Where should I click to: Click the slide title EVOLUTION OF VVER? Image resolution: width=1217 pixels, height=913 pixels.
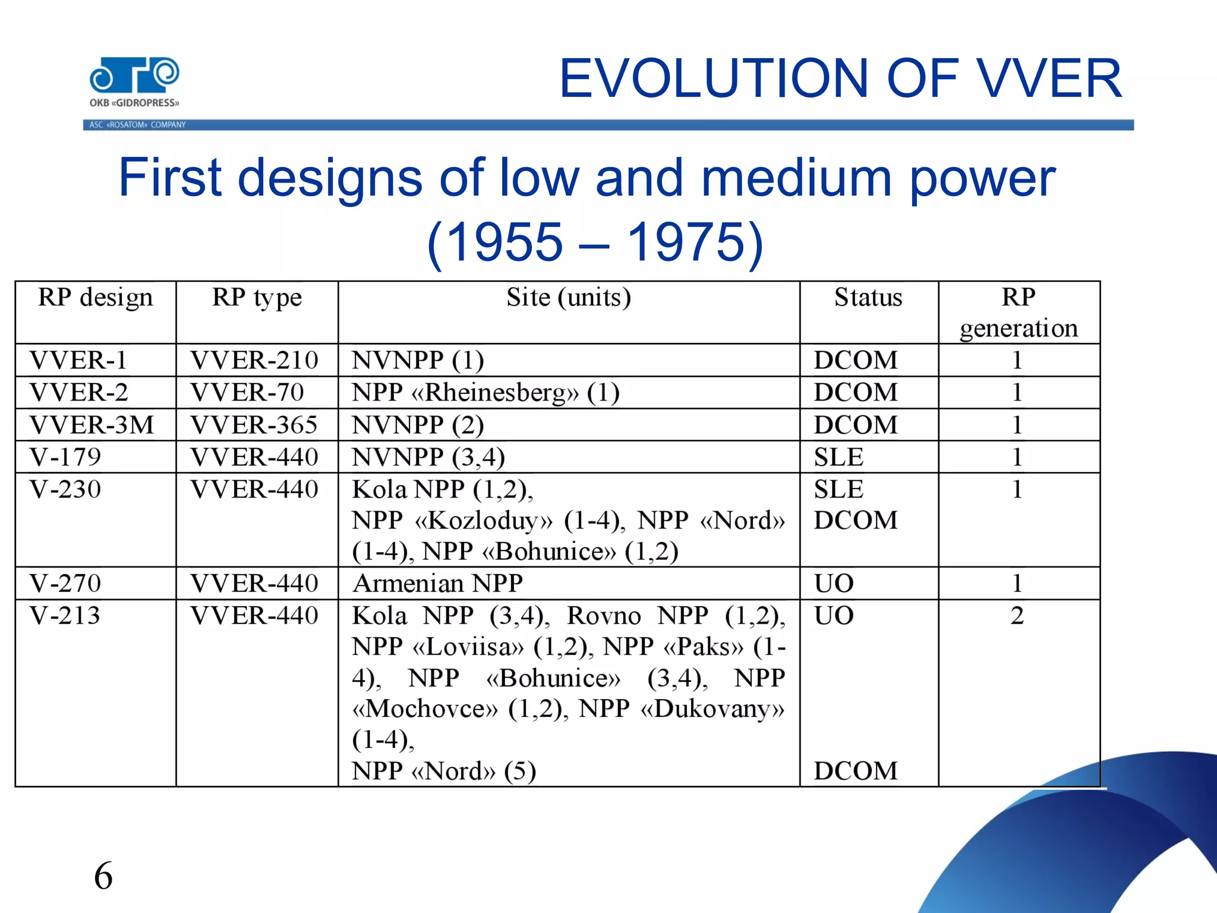click(x=840, y=78)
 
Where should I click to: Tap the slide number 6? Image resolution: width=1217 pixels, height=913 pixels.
click(x=103, y=876)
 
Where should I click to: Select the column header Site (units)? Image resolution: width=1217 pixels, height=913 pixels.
click(x=569, y=297)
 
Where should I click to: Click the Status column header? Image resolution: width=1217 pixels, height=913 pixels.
click(x=868, y=297)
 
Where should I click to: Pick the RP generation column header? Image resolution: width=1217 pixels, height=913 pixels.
click(x=1019, y=313)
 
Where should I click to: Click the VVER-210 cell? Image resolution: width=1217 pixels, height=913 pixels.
click(x=254, y=360)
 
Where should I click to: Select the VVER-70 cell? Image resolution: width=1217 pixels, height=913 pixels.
click(x=247, y=392)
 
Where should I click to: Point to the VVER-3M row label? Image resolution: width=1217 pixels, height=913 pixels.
click(x=92, y=425)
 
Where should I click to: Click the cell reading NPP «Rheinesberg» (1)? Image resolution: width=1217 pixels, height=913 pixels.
click(x=485, y=392)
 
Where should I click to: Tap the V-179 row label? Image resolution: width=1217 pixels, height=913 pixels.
click(x=65, y=457)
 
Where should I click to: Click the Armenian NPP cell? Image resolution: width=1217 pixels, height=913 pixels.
click(x=438, y=583)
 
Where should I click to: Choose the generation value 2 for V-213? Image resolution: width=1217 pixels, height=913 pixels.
click(x=1017, y=615)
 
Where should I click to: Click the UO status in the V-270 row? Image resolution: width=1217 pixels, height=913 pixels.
click(x=834, y=583)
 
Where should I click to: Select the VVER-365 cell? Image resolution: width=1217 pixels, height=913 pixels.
click(x=254, y=425)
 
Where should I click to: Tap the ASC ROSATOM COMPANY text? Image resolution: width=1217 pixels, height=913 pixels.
click(x=137, y=125)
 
